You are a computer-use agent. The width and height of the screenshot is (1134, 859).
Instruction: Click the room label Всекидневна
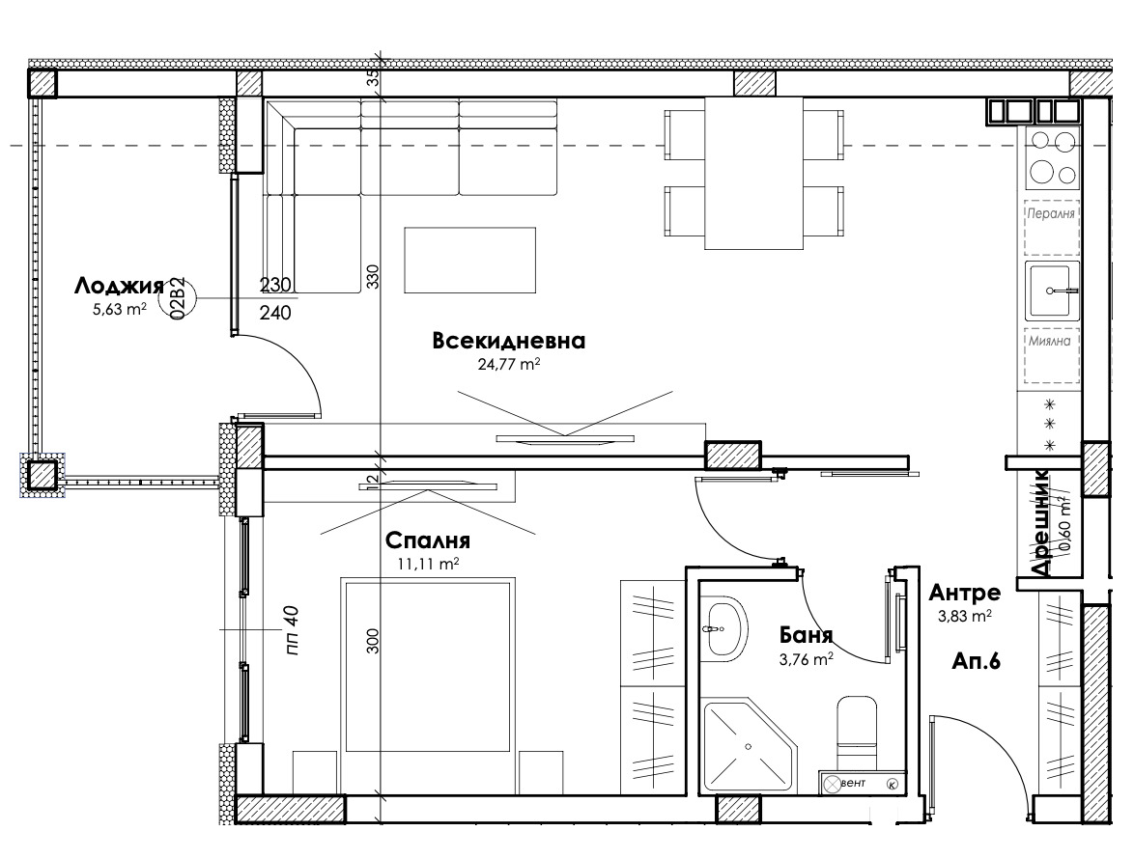pos(509,341)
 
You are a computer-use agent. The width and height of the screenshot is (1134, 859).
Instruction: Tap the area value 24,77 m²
pos(508,365)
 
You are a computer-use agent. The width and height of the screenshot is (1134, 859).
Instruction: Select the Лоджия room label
pos(119,286)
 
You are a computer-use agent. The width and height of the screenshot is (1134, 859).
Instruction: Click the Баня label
pos(806,636)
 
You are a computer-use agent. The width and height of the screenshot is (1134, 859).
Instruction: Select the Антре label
pos(965,593)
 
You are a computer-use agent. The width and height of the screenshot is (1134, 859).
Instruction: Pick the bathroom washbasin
pos(723,629)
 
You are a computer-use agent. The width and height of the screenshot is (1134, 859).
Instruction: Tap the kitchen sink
pos(1052,290)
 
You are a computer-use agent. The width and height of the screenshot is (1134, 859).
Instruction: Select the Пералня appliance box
pos(1051,213)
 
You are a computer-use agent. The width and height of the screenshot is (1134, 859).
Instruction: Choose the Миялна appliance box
pos(1051,342)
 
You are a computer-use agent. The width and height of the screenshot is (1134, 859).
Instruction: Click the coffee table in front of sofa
pos(469,261)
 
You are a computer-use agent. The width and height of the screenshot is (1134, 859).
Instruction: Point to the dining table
pos(753,173)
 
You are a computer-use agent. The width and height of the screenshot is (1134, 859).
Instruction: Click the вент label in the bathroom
pos(854,783)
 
